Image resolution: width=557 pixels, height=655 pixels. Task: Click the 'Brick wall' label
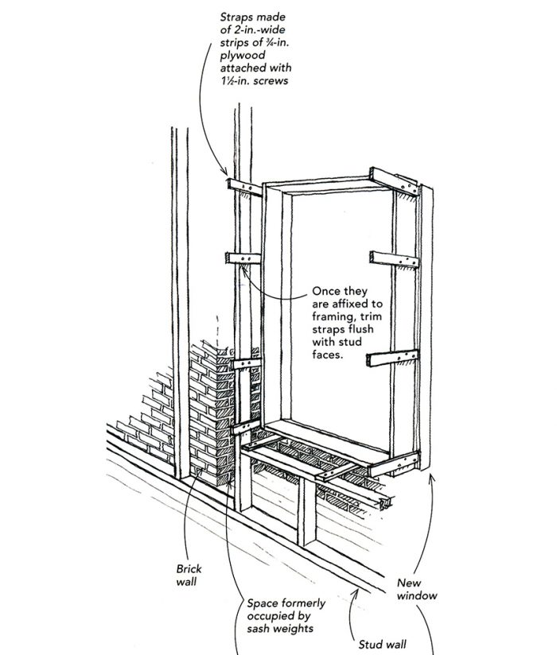(x=189, y=576)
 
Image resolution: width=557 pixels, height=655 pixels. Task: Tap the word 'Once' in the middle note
(x=326, y=292)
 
